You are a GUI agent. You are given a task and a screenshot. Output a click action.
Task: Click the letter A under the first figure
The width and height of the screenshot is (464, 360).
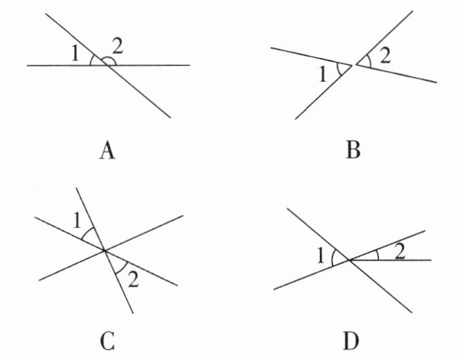coord(107,150)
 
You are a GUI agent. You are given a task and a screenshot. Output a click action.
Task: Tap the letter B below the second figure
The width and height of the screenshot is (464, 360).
coord(353,150)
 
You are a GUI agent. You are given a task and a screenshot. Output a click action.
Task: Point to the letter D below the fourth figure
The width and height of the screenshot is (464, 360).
coord(351,341)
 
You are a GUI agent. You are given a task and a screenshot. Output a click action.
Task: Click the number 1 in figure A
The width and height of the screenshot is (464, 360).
coord(76,54)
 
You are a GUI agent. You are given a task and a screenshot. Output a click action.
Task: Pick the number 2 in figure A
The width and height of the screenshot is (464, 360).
coord(117,46)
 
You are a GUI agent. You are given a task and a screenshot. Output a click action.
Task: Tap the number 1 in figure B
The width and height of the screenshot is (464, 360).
coord(322,74)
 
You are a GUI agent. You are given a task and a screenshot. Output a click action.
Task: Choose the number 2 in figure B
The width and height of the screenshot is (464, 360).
coord(385,56)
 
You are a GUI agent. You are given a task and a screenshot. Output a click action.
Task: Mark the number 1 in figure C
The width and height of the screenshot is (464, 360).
coord(77,220)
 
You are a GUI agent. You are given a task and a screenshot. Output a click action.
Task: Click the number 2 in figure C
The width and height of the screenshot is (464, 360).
coord(133,279)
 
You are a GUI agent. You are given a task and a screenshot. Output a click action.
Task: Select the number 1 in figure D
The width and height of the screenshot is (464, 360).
coord(320,256)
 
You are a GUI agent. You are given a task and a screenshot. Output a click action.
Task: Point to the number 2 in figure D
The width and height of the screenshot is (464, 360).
coord(400,252)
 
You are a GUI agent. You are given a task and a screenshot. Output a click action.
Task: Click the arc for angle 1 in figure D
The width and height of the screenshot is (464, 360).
coord(333,257)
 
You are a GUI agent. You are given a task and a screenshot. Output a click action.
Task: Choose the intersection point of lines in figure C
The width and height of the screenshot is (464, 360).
coord(104,250)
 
